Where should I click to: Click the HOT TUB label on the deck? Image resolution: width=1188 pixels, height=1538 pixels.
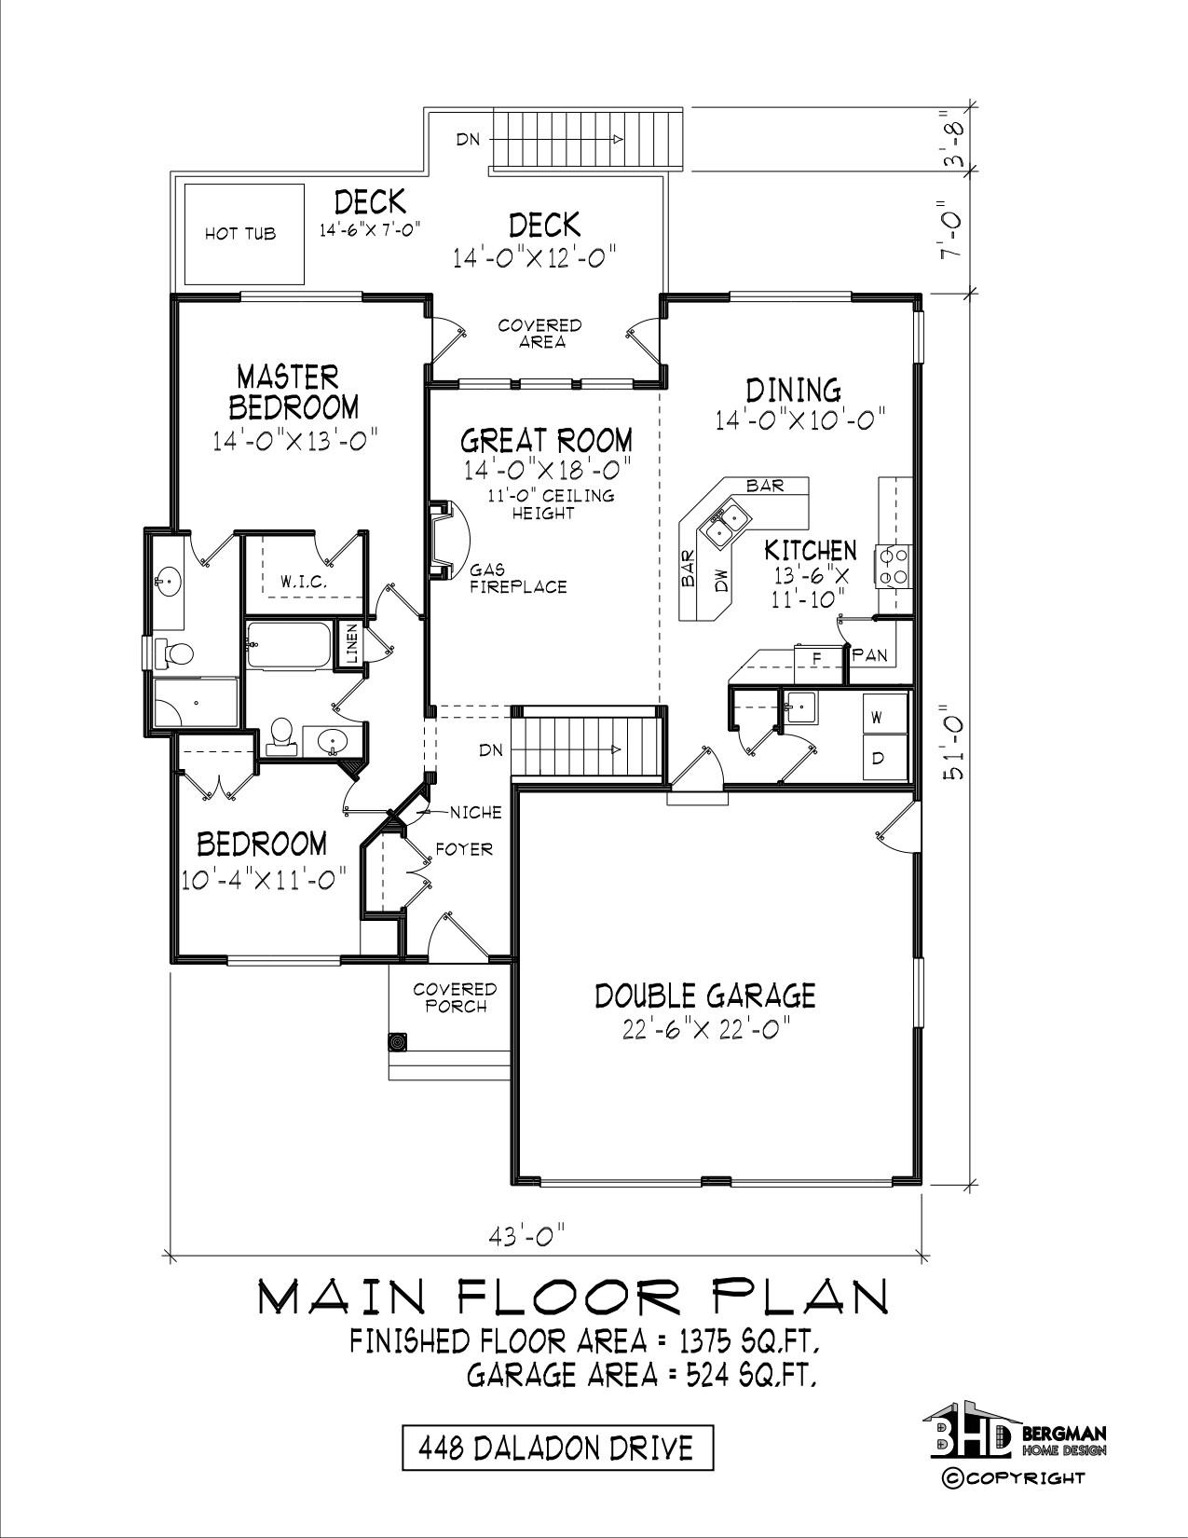coord(239,234)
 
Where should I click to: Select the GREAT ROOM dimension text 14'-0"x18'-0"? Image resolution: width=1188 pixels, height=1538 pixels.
coord(547,470)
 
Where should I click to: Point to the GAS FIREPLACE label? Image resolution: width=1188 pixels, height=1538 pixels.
coord(519,578)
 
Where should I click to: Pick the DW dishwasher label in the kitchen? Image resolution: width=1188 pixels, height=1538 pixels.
coord(721,581)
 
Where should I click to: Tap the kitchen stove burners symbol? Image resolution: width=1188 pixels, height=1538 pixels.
coord(893,566)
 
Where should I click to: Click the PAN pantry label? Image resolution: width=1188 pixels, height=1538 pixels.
coord(869,654)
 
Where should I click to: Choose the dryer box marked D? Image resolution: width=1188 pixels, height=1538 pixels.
coord(884,757)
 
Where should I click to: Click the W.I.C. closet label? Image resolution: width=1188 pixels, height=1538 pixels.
coord(303,583)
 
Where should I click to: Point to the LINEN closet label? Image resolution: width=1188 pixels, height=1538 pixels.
coord(351,643)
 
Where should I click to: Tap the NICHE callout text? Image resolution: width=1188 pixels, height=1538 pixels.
coord(476,813)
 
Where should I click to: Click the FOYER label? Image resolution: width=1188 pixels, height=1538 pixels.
coord(464,848)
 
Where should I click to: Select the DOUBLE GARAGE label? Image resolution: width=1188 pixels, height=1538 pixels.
coord(704,996)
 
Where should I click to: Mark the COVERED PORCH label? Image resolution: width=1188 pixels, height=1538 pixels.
coord(455,997)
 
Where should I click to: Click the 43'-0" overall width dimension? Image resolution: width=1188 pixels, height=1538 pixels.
coord(527,1237)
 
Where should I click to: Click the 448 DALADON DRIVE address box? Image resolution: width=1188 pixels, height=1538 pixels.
coord(557,1449)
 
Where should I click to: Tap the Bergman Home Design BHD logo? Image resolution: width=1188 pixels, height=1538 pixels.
coord(1014,1436)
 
